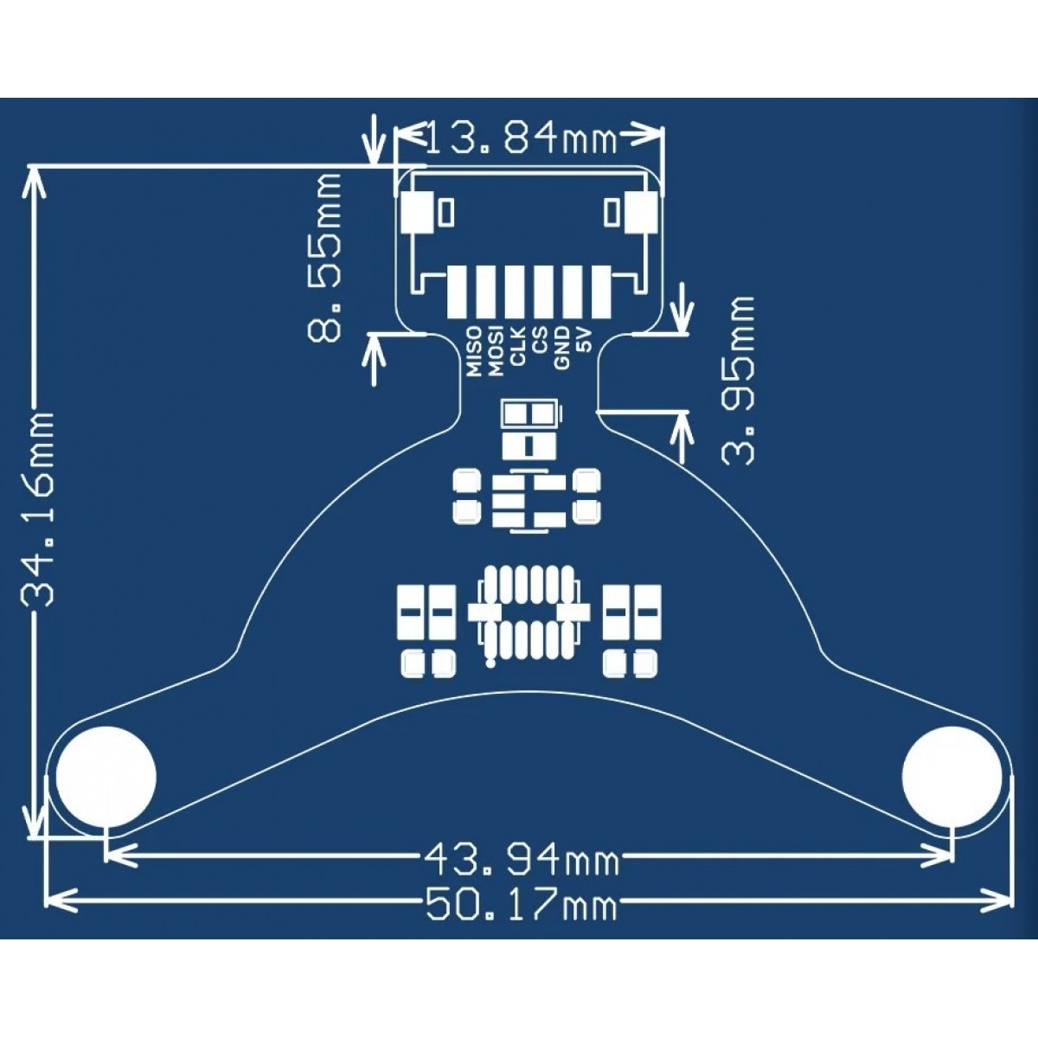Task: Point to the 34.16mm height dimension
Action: coord(38,507)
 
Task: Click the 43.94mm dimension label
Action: coord(521,860)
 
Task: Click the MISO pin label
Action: coord(473,351)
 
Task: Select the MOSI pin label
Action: coord(495,351)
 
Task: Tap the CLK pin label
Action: coord(518,348)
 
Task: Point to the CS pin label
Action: coord(540,344)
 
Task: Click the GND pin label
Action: coord(562,348)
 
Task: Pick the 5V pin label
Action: coord(585,341)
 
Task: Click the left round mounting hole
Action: coord(106,774)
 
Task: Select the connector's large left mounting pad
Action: coord(419,214)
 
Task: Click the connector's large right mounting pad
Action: coord(642,214)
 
